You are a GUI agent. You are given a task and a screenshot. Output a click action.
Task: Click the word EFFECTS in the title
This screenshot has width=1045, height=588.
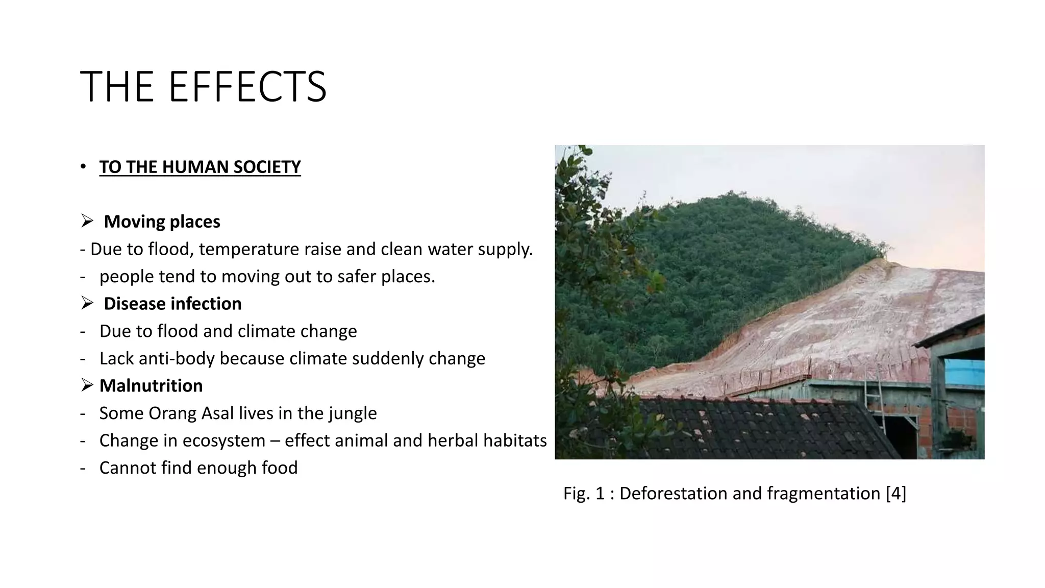tap(247, 87)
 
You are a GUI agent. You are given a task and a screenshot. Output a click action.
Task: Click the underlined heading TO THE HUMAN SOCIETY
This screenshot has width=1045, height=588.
tap(200, 167)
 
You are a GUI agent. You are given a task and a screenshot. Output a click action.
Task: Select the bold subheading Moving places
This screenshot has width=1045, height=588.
tap(162, 222)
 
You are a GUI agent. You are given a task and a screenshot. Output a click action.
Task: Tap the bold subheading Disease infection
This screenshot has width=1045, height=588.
tap(172, 304)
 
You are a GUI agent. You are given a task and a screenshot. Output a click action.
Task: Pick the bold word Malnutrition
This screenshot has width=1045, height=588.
tap(151, 386)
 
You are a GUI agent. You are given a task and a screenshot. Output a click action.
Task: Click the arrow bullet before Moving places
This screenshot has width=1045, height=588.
tap(87, 221)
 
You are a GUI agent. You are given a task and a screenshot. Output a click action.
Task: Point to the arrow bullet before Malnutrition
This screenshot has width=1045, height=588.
tap(87, 385)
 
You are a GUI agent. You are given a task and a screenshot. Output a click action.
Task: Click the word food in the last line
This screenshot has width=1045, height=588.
tap(279, 468)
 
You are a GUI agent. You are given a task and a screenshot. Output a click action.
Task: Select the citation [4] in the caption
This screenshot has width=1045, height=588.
tap(896, 494)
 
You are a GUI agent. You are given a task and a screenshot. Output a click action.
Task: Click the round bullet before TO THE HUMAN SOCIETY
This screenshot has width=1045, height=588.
tap(83, 167)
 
